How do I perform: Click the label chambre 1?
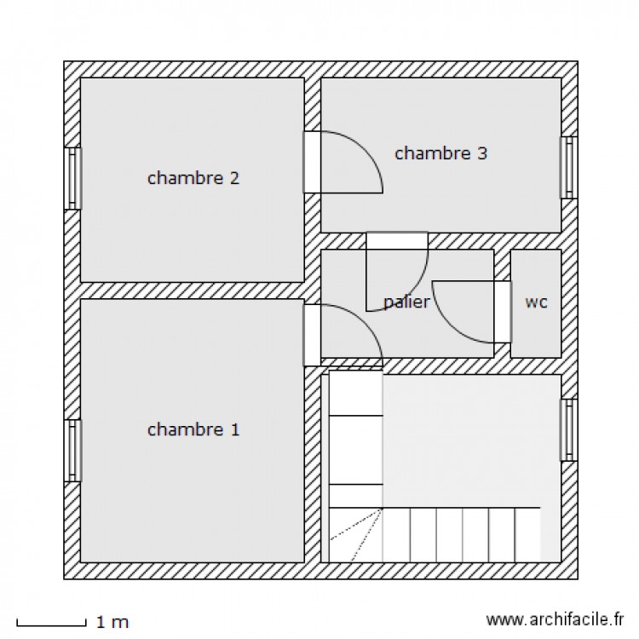193,429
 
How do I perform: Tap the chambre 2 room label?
193,178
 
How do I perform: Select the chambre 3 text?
441,153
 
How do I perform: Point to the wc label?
536,302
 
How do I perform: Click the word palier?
406,302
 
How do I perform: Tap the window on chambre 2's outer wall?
72,178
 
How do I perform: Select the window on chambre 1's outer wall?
72,451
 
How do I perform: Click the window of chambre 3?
569,168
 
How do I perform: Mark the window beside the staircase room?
569,430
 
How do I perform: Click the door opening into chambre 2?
312,162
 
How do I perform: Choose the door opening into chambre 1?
312,335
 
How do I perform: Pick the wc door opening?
503,312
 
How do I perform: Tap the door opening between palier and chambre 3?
397,240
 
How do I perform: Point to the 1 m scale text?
112,622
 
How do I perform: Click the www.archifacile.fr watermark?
555,619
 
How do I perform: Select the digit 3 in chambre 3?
482,153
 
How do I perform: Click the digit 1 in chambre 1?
235,429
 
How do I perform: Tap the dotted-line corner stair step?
355,535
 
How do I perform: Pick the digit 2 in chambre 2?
234,178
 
